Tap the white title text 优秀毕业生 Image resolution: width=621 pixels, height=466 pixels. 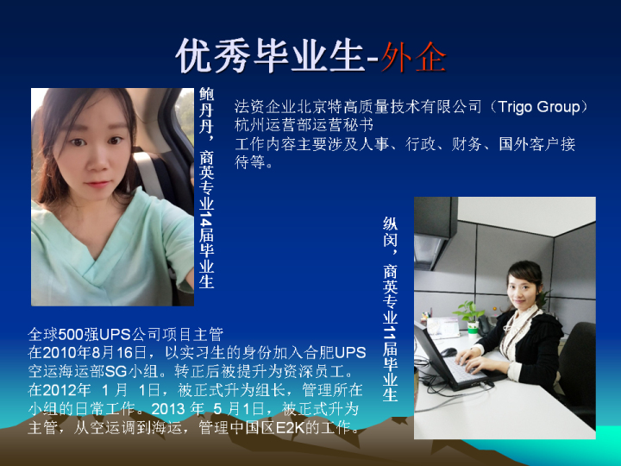coord(270,56)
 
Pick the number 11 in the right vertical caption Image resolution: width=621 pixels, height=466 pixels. coord(390,331)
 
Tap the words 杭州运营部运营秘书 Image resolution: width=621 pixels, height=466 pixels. coord(304,125)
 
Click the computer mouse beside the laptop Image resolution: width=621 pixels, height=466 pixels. coord(448,352)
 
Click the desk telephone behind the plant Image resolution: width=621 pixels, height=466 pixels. coord(485,325)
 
